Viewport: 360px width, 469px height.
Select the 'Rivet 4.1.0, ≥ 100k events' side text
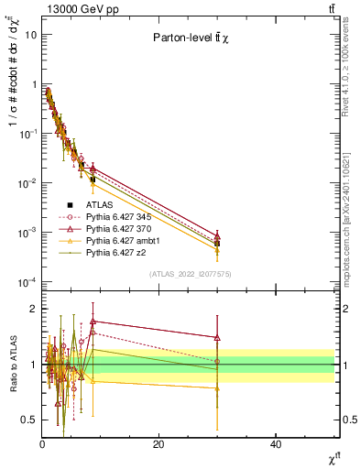pyautogui.click(x=351, y=82)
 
